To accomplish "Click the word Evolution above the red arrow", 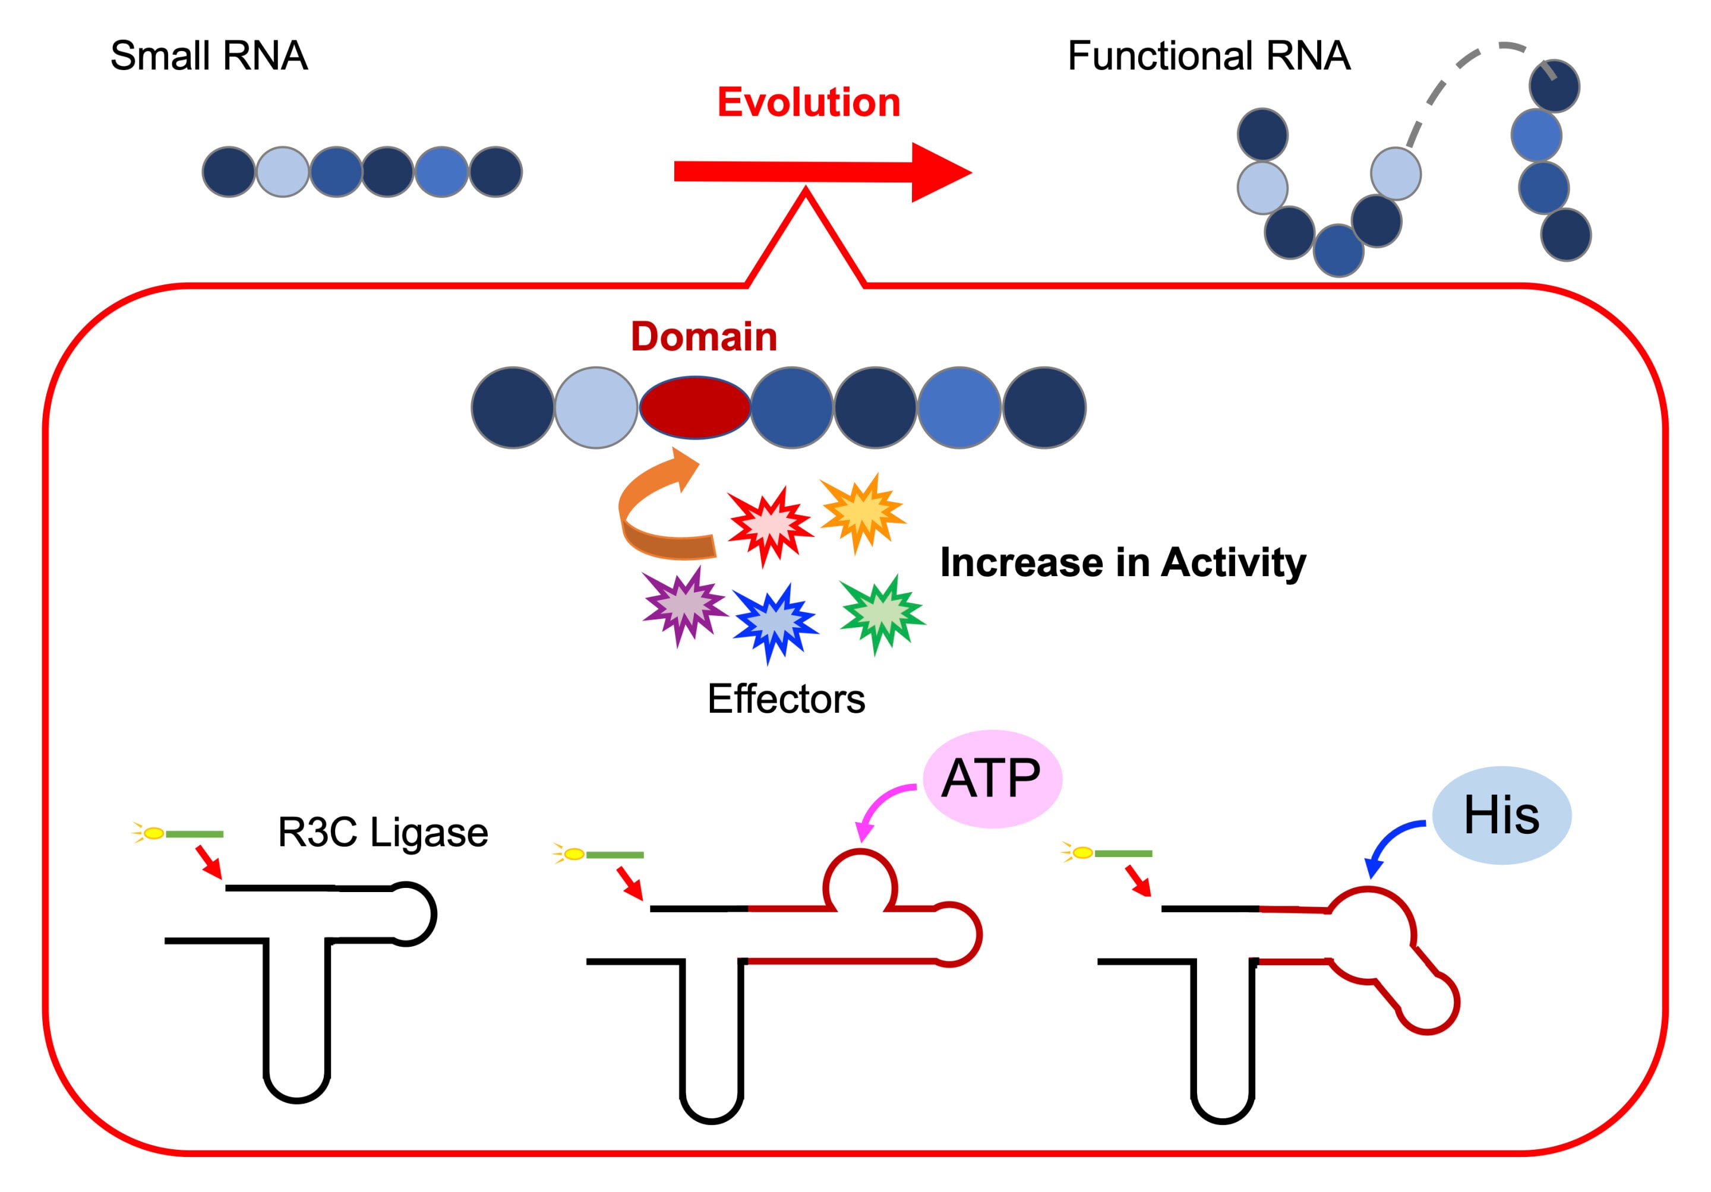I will pos(809,102).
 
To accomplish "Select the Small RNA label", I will pos(209,56).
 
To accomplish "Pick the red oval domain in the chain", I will pos(694,407).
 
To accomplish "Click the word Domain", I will pos(703,337).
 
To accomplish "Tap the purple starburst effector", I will pos(683,606).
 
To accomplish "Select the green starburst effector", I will pos(882,613).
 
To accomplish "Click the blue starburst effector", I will pos(775,621).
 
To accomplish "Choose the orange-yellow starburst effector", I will pos(863,513).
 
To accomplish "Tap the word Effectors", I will pos(785,699).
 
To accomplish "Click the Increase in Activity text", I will pos(1122,562).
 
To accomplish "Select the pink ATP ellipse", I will pos(992,779).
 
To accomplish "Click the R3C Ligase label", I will pos(382,832).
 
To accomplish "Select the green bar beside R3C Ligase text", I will pos(194,834).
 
